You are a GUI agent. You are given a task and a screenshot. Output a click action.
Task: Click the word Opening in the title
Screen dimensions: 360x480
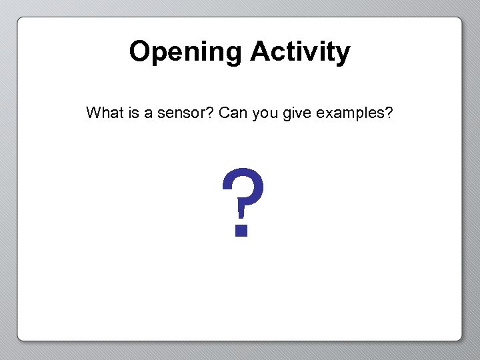click(x=186, y=52)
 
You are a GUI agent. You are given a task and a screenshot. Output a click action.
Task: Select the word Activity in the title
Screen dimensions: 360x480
click(x=300, y=52)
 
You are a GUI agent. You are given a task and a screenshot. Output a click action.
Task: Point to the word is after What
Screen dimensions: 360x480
click(x=133, y=113)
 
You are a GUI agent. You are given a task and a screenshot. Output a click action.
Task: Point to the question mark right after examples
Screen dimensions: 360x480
click(x=389, y=113)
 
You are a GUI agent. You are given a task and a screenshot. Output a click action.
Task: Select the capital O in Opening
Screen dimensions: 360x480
click(x=139, y=51)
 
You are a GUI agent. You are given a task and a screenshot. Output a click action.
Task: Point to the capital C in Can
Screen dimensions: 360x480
click(x=223, y=113)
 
